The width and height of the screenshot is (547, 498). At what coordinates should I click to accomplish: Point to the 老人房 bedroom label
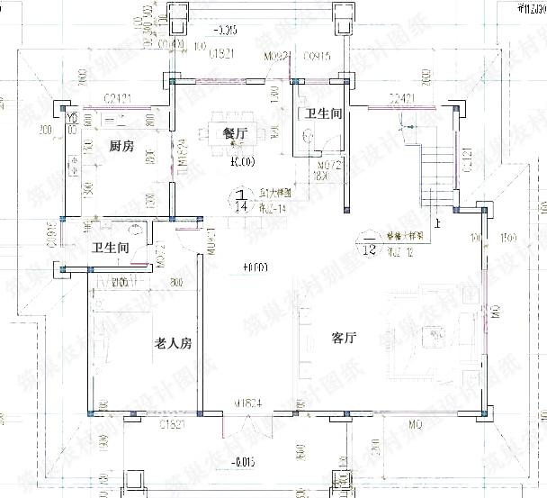[x=174, y=343]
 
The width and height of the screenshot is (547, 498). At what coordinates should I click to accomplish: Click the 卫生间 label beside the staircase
[x=322, y=114]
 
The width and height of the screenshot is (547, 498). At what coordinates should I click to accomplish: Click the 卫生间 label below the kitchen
[x=111, y=249]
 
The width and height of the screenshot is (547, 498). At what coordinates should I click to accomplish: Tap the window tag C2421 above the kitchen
[x=118, y=96]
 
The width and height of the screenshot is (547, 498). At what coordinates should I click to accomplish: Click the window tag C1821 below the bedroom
[x=173, y=423]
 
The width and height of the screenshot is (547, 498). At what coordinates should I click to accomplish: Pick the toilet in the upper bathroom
[x=309, y=136]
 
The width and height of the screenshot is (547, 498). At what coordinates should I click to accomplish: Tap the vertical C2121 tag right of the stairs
[x=466, y=160]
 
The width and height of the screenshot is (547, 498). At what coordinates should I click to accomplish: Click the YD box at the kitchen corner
[x=71, y=117]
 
